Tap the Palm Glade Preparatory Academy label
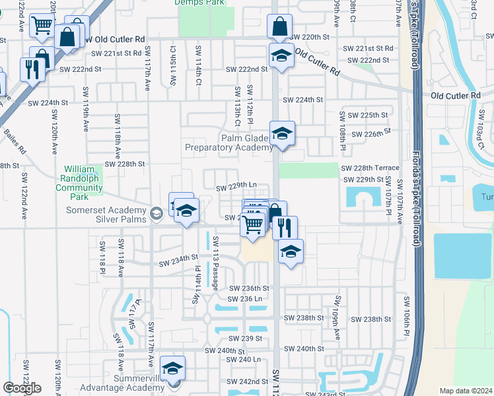(x=229, y=143)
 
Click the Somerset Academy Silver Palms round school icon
(x=157, y=213)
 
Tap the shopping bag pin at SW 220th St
(x=279, y=27)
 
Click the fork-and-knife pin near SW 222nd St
(x=32, y=69)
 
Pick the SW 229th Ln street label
(x=236, y=187)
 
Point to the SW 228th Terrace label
(x=370, y=168)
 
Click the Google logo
(x=22, y=388)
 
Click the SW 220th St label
(x=310, y=37)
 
